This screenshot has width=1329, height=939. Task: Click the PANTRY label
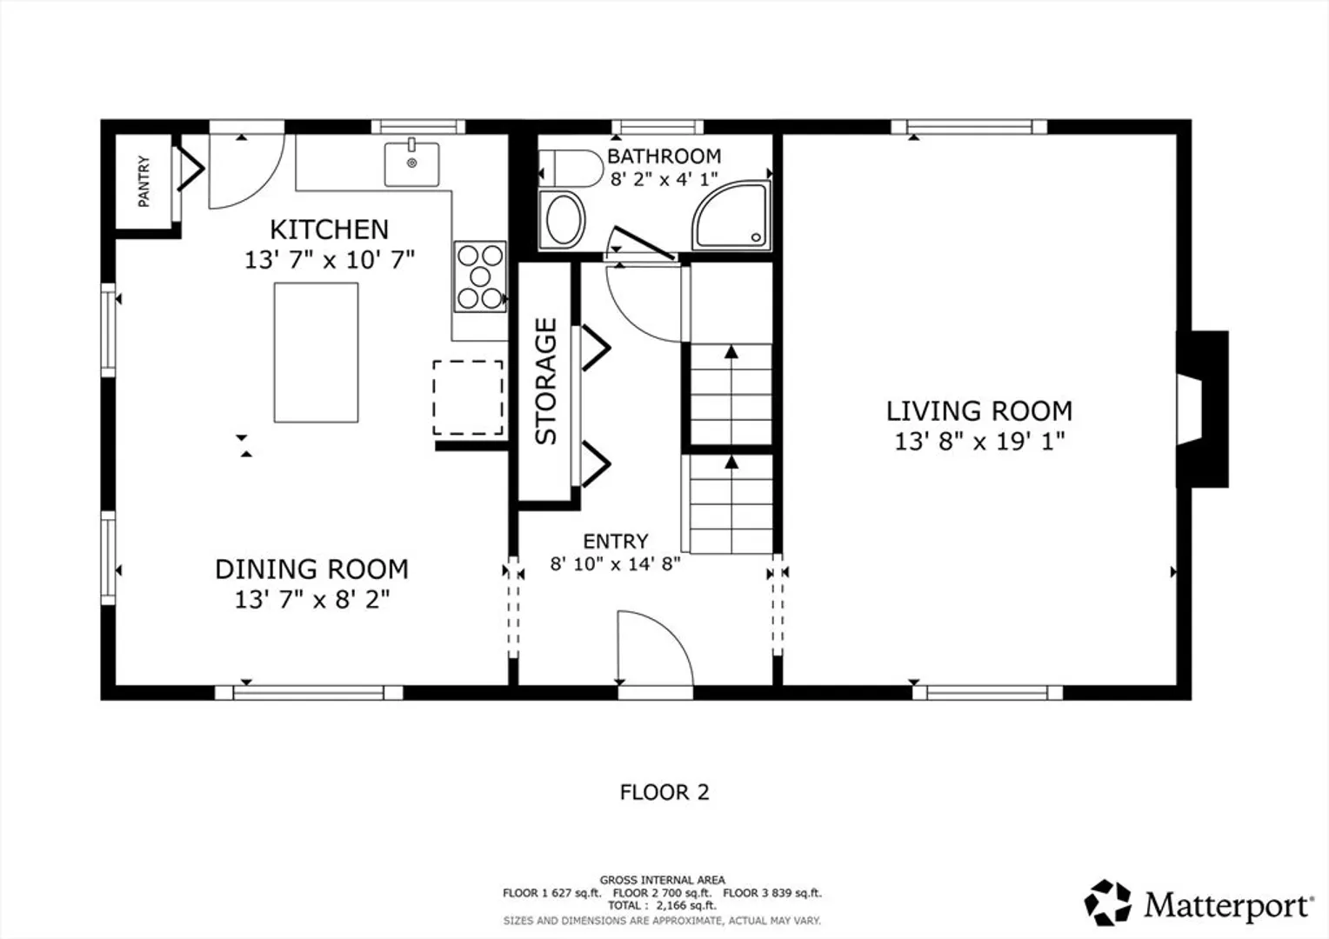point(144,182)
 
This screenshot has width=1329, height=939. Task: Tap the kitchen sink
point(411,163)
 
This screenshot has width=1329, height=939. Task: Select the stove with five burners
point(480,276)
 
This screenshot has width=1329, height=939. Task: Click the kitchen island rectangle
point(317,352)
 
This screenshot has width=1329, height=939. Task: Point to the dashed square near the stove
point(468,397)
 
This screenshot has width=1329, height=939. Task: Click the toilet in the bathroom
point(571,169)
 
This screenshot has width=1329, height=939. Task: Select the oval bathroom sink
point(563,219)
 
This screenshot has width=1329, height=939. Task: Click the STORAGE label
point(546,382)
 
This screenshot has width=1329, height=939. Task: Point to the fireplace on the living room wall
point(1202,410)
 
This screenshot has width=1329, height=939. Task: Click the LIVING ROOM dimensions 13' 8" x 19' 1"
point(979,442)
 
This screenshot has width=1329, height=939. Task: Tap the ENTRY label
point(615,541)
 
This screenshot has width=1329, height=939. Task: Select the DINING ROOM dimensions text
point(312,600)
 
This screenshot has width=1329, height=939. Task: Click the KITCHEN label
point(330,230)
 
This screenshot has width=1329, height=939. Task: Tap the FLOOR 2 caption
point(664,792)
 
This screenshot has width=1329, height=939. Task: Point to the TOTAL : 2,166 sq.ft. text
point(662,906)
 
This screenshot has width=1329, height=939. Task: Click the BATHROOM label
point(664,156)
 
